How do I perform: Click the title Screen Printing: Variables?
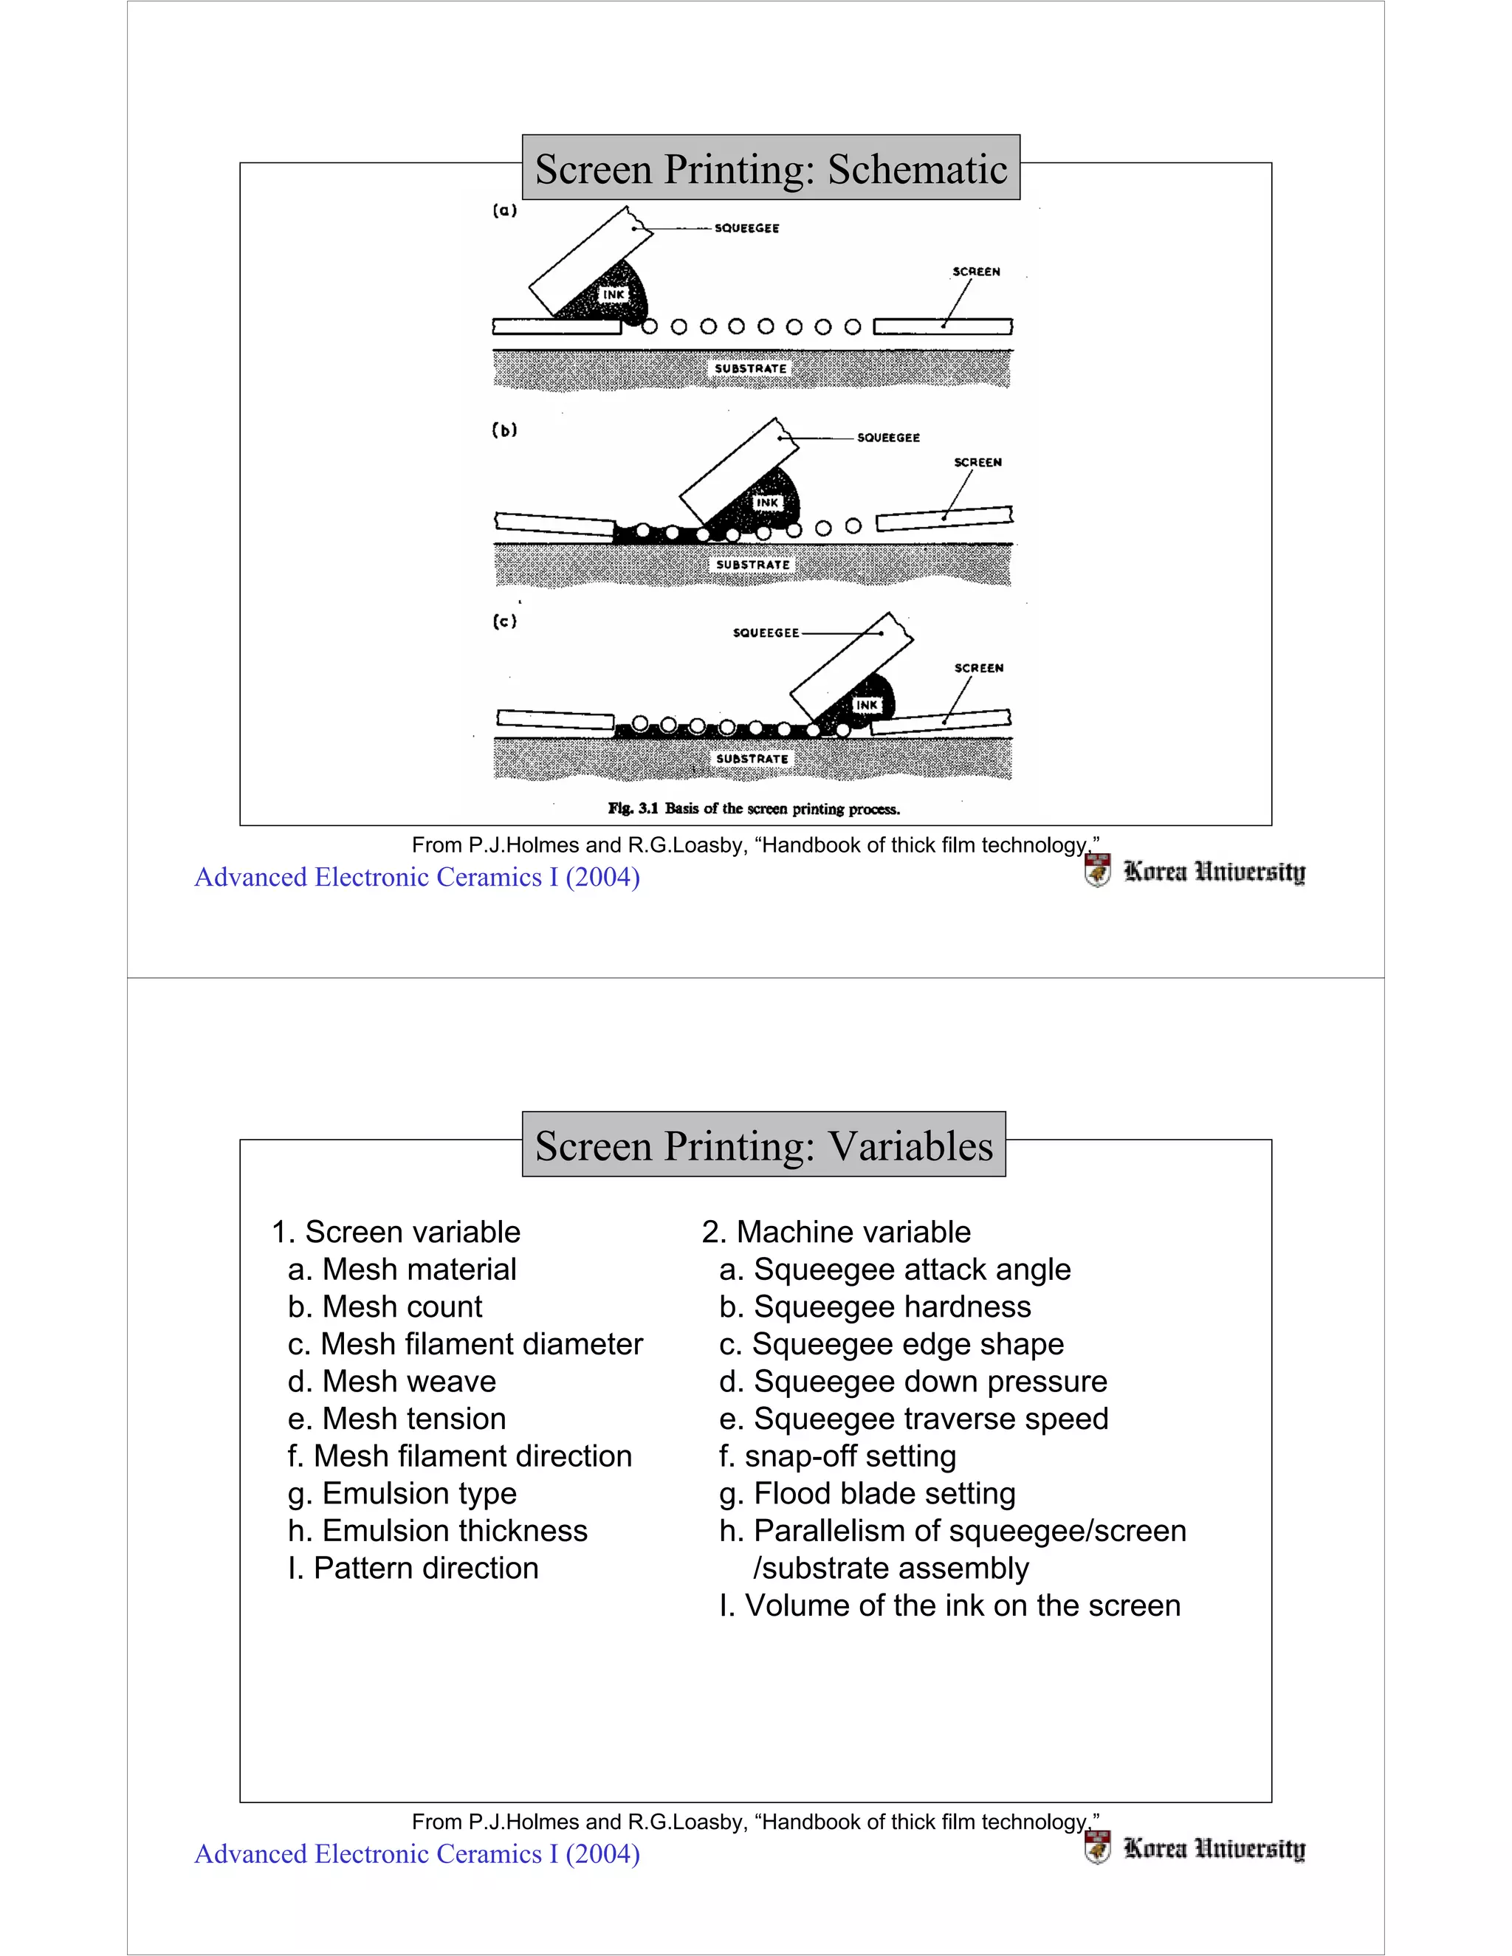763,1146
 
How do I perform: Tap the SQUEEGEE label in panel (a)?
746,228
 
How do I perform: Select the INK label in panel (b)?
767,503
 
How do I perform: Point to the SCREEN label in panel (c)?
978,668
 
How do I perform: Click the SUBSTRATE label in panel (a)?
751,368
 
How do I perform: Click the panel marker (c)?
505,621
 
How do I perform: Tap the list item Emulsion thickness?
437,1531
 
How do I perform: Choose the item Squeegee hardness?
874,1306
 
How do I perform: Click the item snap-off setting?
837,1456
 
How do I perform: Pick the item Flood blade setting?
867,1493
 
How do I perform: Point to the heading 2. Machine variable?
836,1233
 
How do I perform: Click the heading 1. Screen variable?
395,1233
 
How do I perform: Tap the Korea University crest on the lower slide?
1096,1847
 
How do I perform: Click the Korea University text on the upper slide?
1214,872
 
